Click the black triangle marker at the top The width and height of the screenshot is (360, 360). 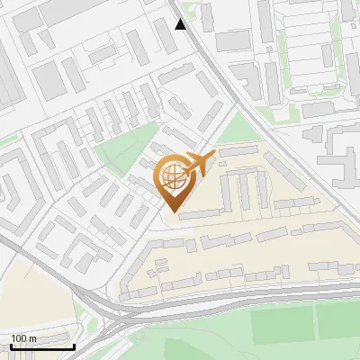tap(182, 23)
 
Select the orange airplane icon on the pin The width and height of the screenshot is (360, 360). tap(200, 163)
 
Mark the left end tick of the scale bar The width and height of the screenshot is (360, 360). tap(11, 346)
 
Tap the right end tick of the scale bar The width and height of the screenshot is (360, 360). tap(74, 346)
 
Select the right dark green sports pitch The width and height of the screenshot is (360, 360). tap(337, 321)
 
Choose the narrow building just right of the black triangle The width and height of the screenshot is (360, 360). tap(207, 16)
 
